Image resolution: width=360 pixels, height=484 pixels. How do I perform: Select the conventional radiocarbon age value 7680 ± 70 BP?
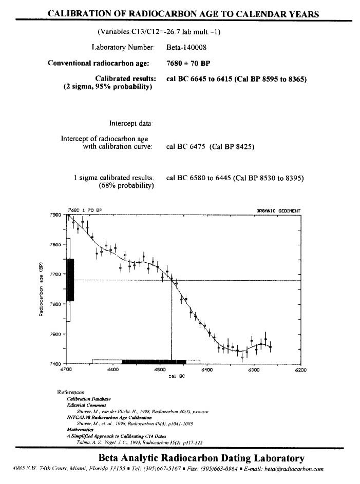tap(188, 64)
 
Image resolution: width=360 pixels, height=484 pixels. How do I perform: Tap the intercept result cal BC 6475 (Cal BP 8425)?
tap(211, 147)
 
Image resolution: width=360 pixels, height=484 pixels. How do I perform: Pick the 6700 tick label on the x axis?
tap(66, 370)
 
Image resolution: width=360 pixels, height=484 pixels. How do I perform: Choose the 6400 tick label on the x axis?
tap(206, 370)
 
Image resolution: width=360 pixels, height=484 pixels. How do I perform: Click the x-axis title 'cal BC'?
tap(176, 377)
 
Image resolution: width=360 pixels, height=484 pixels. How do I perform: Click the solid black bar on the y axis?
tap(70, 280)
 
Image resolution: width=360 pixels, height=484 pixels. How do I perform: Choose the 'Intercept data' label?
tap(131, 123)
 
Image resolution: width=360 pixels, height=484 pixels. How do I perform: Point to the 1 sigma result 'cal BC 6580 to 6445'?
tap(199, 178)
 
